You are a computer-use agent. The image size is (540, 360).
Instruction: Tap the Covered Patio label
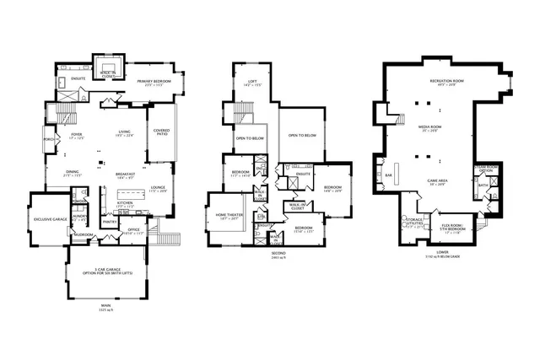(161, 132)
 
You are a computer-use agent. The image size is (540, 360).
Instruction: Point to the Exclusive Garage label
(50, 218)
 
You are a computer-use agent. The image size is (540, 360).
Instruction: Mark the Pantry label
(110, 223)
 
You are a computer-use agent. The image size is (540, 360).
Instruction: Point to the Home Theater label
(225, 216)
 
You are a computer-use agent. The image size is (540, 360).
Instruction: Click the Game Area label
(437, 181)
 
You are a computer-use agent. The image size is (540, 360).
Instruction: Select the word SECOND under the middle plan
(278, 253)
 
